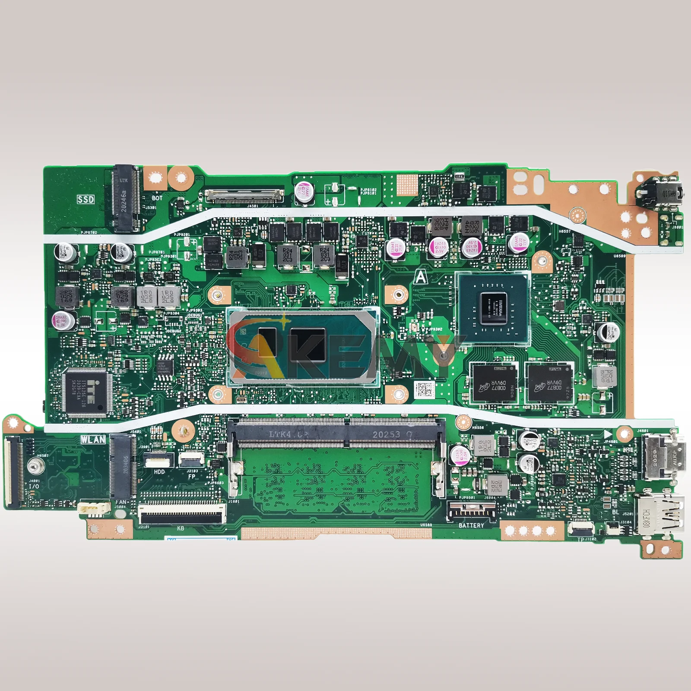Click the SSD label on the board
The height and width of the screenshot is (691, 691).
click(86, 199)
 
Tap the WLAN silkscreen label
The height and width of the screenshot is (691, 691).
click(93, 440)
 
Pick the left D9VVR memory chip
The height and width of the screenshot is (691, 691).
click(493, 384)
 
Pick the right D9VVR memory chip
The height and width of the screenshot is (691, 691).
click(549, 384)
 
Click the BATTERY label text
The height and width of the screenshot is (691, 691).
click(471, 526)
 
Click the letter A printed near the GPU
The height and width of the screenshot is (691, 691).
click(420, 277)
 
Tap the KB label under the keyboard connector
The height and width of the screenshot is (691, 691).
click(181, 528)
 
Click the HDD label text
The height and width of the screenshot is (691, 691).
click(159, 472)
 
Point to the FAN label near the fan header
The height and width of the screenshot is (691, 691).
click(121, 502)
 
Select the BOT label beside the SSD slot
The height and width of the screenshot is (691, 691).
click(157, 198)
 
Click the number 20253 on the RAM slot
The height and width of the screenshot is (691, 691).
click(387, 434)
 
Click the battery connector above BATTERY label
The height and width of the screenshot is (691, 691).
click(470, 512)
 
